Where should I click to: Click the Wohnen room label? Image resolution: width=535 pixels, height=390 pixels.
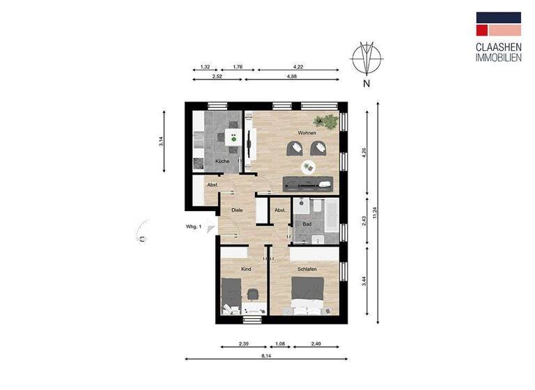click(307, 133)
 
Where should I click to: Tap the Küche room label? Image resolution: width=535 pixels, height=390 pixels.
click(222, 161)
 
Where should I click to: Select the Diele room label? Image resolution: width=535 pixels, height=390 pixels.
click(236, 210)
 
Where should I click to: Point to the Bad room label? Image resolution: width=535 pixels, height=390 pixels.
click(307, 224)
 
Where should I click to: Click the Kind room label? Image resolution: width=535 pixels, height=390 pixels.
click(245, 268)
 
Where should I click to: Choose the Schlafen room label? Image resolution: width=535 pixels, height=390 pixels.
click(307, 268)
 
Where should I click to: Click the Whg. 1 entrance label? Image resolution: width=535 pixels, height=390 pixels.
click(194, 227)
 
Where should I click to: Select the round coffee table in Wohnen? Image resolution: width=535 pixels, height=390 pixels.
click(307, 166)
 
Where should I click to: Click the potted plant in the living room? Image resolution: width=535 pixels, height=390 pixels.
click(325, 121)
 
